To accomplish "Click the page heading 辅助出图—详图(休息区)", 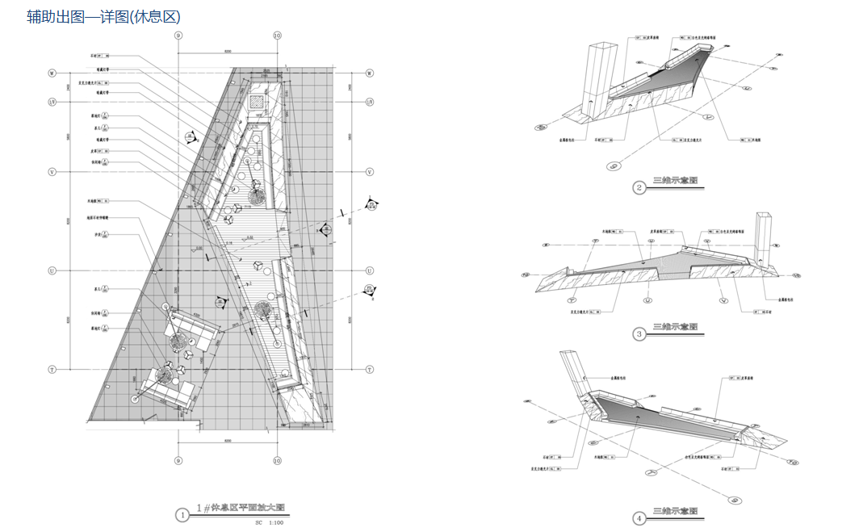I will coord(103,16).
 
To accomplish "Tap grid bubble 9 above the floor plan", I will coord(178,36).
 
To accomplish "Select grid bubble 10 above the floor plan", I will coord(277,36).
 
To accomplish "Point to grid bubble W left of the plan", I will coord(52,73).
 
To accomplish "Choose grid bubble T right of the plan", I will coord(370,370).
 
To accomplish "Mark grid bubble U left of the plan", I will coord(52,270).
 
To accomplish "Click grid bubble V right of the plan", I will coord(370,172).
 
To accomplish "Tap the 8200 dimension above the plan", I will coord(228,51).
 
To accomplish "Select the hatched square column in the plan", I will coord(257,103).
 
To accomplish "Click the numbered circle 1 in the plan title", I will coord(184,513).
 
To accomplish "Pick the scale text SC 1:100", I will coord(270,523).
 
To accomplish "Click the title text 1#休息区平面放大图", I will coord(242,509).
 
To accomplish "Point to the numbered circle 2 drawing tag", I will coord(639,189).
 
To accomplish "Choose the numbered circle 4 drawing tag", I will coord(639,518).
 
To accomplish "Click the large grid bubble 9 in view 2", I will coord(612,166).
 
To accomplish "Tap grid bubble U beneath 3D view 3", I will coord(647,300).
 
